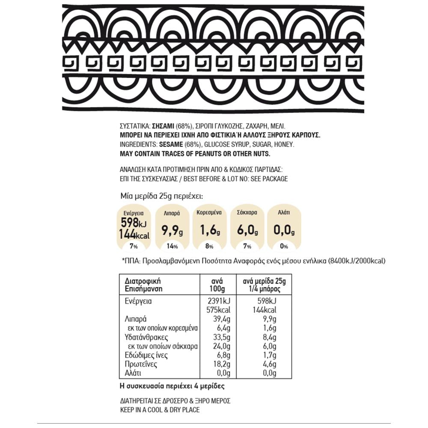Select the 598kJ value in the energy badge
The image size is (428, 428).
[132, 223]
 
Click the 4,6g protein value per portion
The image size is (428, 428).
[268, 365]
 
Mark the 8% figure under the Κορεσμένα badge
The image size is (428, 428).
[209, 247]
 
